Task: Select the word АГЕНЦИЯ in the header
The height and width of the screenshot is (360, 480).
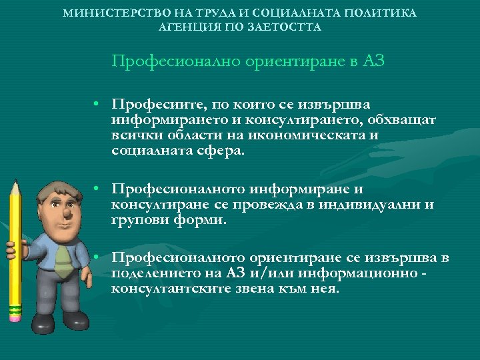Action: point(187,27)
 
